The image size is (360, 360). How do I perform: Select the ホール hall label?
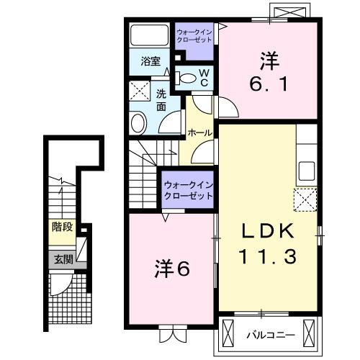(x=199, y=133)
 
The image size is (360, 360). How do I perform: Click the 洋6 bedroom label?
(x=171, y=269)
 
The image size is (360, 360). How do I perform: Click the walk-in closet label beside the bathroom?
(x=194, y=36)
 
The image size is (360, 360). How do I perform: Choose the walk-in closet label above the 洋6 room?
(x=188, y=191)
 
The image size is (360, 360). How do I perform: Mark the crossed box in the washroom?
(x=138, y=91)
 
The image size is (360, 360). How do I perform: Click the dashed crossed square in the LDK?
(x=305, y=197)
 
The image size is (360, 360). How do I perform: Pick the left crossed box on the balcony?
(x=229, y=333)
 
